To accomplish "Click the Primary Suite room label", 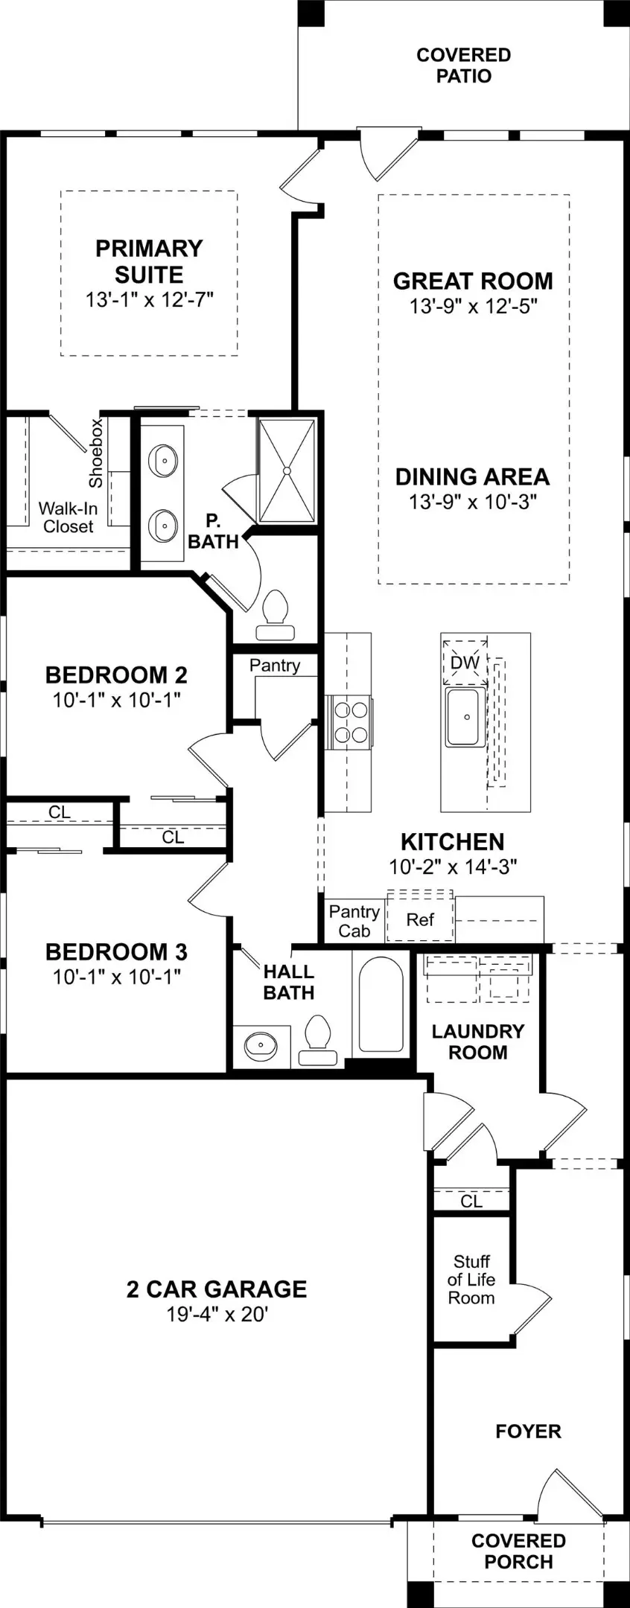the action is (x=149, y=261).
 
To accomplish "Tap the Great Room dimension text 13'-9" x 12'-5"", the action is (x=473, y=306).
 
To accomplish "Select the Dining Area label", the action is (x=472, y=476).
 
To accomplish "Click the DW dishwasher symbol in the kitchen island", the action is (x=465, y=662).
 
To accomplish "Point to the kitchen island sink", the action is (x=466, y=717).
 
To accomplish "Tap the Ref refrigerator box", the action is (x=420, y=919).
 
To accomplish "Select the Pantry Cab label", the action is (x=354, y=921).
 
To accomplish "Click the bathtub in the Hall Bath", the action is (x=381, y=1005).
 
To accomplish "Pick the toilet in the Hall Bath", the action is (x=318, y=1040).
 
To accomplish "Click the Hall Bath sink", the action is (x=260, y=1044).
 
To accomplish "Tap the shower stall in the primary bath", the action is (x=286, y=470).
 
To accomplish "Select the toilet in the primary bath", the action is (x=276, y=616).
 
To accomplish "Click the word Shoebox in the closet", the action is (x=95, y=453).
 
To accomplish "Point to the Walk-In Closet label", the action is (x=68, y=517).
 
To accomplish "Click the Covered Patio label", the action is (x=463, y=66).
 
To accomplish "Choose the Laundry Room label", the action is (x=478, y=1041).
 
